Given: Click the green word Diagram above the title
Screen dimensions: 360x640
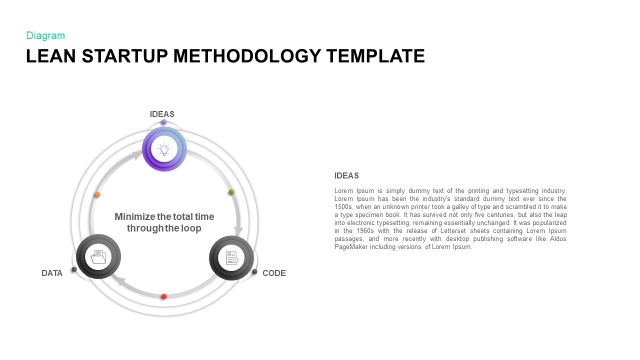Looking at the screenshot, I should (45, 35).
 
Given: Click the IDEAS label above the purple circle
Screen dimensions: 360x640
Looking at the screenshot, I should (162, 114).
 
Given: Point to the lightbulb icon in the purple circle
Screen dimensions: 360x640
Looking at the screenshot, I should (164, 149).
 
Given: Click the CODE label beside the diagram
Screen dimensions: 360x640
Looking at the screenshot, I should (274, 273).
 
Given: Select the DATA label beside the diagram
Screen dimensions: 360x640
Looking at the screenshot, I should (52, 273).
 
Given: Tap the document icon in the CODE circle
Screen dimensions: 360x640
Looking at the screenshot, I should (231, 258).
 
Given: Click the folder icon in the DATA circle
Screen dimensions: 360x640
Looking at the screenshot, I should (98, 257).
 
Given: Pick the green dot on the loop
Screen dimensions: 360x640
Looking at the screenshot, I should (231, 192).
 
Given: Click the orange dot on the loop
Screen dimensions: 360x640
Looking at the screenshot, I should (97, 194).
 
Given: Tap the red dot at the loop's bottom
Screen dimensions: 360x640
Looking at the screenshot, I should (164, 296).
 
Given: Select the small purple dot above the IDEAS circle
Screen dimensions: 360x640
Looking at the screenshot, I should (164, 122).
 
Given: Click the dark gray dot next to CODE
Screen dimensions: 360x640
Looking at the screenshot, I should (254, 272).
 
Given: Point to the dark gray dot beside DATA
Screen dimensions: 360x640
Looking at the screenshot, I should (74, 269).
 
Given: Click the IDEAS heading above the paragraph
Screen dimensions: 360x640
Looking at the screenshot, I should (346, 176).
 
